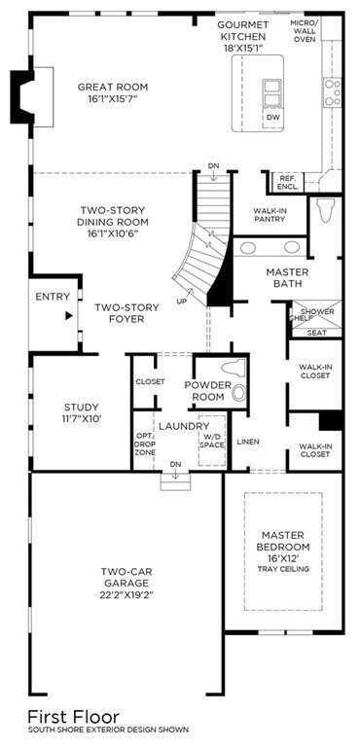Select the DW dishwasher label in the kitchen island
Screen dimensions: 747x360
(x=272, y=117)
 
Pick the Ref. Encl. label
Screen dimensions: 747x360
(x=288, y=181)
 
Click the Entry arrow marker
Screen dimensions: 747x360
(x=69, y=315)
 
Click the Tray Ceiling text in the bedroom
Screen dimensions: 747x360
(x=282, y=568)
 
